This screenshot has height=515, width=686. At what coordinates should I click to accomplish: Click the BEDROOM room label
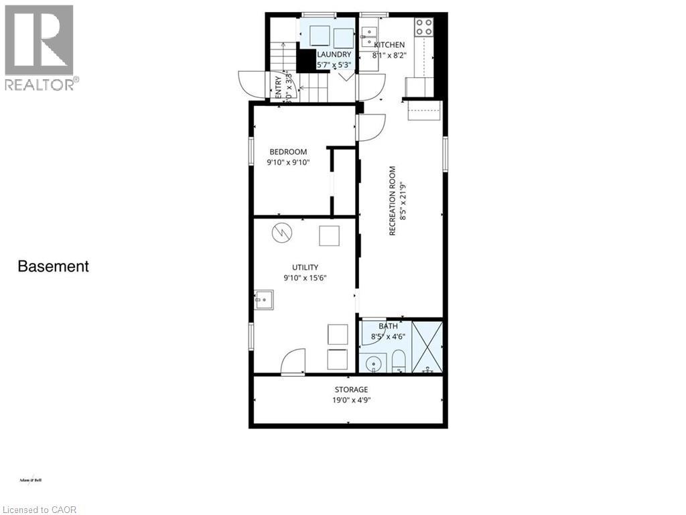tap(288, 152)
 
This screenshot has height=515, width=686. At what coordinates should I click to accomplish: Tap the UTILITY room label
tap(295, 267)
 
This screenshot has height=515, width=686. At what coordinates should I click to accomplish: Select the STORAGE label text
tap(351, 390)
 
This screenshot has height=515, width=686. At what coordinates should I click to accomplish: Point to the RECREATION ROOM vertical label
tap(392, 201)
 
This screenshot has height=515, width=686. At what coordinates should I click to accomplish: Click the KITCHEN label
tap(389, 45)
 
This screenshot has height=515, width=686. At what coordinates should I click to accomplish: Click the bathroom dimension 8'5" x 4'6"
tap(388, 337)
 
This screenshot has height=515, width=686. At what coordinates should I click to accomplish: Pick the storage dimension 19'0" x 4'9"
tap(351, 400)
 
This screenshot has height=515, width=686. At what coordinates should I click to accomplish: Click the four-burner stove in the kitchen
tap(423, 27)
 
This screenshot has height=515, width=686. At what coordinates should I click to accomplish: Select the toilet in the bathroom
tap(399, 361)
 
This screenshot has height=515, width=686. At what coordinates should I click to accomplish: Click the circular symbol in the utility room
tap(281, 233)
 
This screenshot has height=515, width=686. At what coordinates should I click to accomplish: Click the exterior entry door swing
tap(247, 83)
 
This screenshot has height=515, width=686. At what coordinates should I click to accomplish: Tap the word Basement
tap(53, 266)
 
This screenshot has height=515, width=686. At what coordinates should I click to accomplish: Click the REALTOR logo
tap(40, 47)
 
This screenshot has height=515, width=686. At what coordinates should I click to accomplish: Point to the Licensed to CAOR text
tap(40, 510)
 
